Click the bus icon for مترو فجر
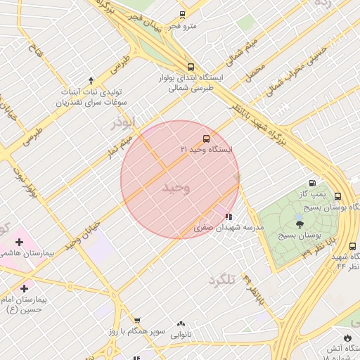pos(183,15)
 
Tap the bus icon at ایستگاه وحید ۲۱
pos(206,139)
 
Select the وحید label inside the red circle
pos(176,188)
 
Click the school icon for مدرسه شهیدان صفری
pos(229,217)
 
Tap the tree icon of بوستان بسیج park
pos(300,225)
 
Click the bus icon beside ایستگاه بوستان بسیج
pos(338,197)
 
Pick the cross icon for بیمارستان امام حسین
pos(25,288)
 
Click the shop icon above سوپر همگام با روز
pos(136,320)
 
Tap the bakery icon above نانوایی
pos(181,324)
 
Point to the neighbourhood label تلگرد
pos(221,281)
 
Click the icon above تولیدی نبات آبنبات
pos(91,80)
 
